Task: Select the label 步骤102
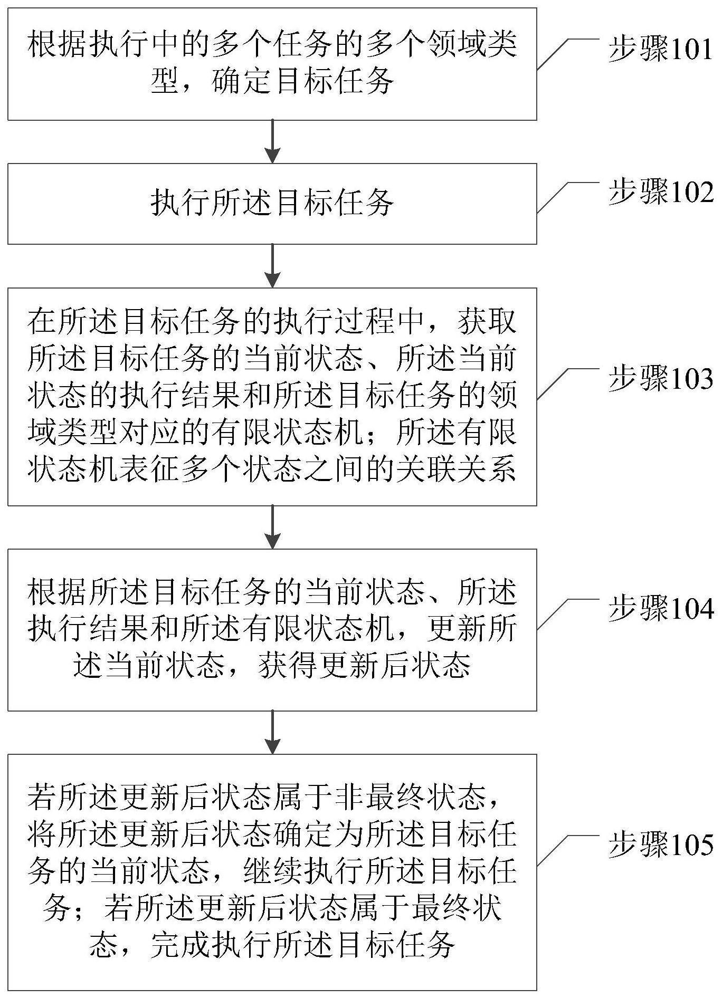click(660, 193)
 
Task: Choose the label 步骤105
click(660, 846)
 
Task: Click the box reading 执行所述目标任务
click(272, 204)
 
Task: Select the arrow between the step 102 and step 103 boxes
click(272, 265)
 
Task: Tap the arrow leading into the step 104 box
click(272, 527)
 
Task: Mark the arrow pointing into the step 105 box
click(272, 732)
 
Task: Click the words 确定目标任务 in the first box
click(303, 82)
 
